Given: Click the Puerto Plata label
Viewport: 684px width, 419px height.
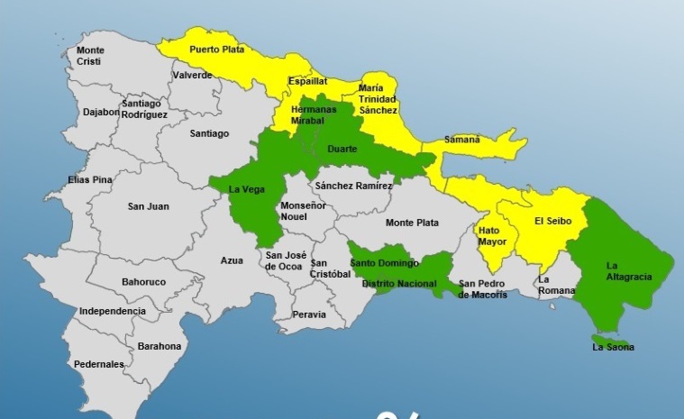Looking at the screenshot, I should (215, 50).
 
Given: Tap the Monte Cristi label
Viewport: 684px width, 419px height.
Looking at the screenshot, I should (90, 55).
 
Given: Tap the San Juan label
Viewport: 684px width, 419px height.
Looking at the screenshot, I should (148, 206).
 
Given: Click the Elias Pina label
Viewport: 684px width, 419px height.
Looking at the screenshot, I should (90, 180).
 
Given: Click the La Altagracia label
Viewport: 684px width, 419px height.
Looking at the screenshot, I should (629, 270).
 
